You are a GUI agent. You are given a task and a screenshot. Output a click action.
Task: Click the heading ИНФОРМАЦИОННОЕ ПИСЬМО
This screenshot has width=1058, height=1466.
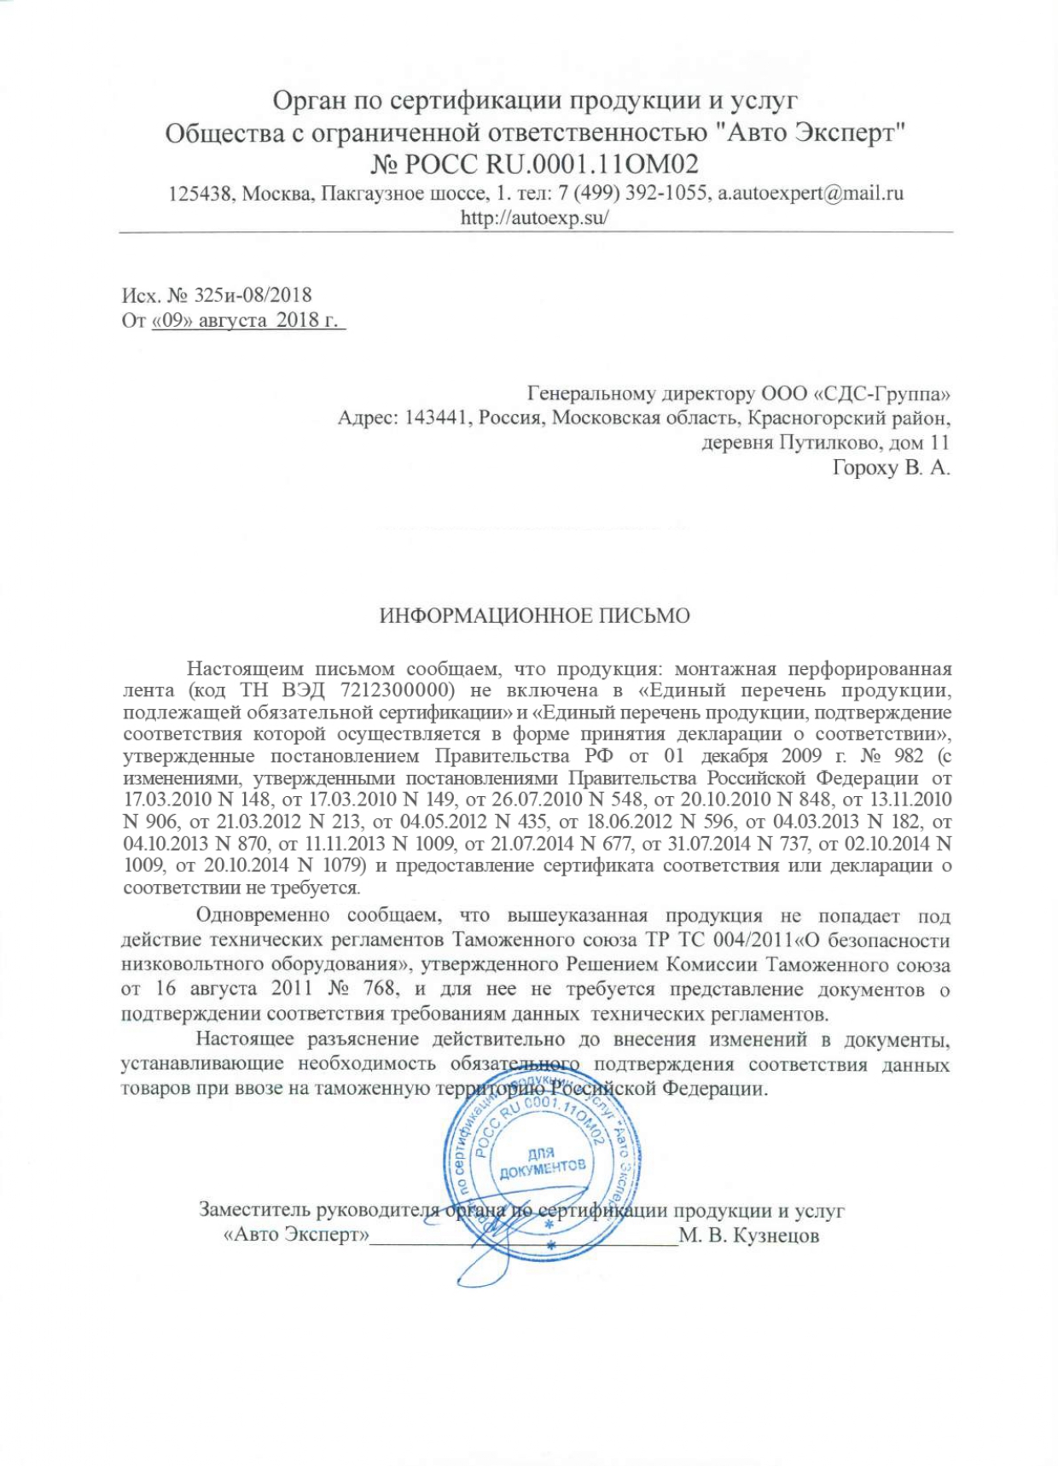[534, 616]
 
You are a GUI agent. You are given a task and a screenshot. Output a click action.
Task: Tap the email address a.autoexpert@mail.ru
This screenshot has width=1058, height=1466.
[810, 193]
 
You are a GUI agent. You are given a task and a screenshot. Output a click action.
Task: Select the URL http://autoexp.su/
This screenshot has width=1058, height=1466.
[535, 217]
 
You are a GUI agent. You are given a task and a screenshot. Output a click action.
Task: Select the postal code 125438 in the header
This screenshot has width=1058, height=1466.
[197, 193]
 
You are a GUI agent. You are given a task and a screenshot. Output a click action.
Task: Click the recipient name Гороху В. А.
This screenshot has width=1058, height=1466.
[891, 468]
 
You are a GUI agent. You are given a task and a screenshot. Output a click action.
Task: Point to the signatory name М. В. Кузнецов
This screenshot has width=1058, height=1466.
[749, 1236]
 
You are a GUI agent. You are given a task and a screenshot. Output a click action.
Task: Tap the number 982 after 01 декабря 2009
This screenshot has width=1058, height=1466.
[902, 756]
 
